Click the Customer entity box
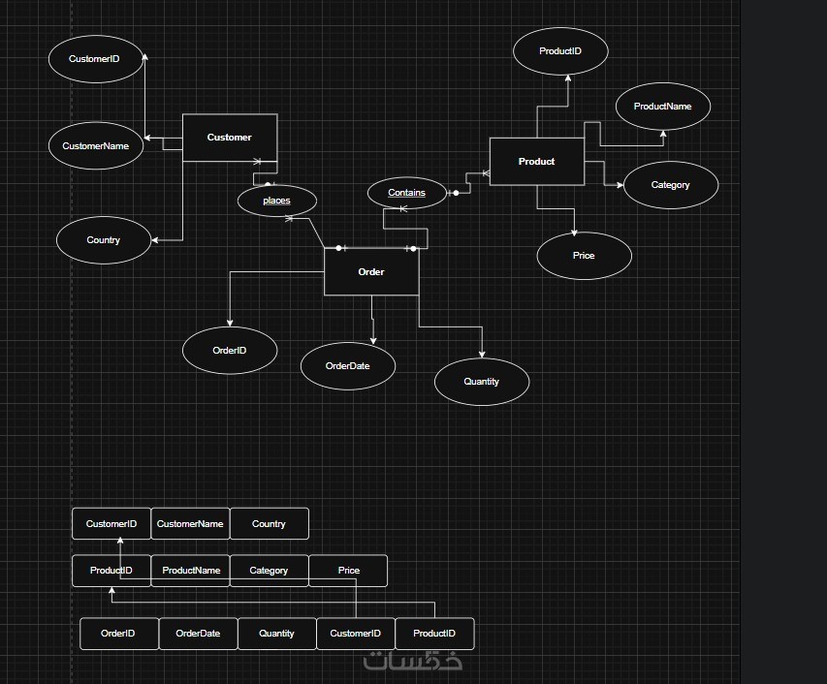point(230,138)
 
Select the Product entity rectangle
point(536,162)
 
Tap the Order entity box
point(371,272)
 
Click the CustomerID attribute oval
point(95,59)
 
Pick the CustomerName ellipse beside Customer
point(95,146)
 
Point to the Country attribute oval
point(104,240)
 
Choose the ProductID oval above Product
point(560,50)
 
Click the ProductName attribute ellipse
point(663,107)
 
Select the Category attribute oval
point(670,185)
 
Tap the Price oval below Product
point(584,256)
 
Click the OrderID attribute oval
point(230,351)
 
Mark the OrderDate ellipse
point(347,366)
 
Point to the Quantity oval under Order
point(481,382)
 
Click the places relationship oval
point(277,201)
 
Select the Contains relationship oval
point(407,193)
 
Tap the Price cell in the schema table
point(348,571)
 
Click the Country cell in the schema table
point(269,524)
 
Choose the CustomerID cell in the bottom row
point(356,634)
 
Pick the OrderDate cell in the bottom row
point(198,634)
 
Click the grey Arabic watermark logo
point(414,661)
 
